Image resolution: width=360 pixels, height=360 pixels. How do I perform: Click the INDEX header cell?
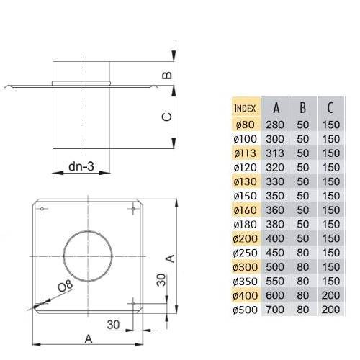point(245,109)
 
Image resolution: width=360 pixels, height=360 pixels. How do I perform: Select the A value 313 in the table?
point(275,153)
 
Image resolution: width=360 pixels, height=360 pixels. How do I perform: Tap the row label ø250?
point(246,253)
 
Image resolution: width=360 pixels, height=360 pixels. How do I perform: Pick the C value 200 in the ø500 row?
point(330,310)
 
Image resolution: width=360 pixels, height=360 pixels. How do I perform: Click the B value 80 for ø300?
point(302,267)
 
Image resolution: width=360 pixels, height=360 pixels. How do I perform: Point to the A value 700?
point(275,310)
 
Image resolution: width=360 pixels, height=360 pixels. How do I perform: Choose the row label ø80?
point(245,125)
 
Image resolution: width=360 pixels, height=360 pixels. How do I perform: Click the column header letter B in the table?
point(303,108)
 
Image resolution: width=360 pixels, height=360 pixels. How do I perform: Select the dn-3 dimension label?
point(81,166)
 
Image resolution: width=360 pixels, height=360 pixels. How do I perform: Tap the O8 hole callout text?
point(66,286)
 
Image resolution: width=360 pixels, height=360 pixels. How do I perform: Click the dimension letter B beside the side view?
point(167,76)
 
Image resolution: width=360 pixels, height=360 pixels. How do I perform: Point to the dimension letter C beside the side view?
point(167,117)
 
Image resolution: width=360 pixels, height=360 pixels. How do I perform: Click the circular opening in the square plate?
point(88,256)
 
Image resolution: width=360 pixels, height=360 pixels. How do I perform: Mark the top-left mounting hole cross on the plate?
point(42,209)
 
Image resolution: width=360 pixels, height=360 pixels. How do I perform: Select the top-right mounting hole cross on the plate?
point(133,209)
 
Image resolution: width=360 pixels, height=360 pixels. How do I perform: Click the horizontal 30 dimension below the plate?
point(113,325)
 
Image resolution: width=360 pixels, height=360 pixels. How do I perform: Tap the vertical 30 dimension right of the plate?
point(161,280)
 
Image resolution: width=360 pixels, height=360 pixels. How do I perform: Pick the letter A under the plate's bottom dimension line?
point(89,339)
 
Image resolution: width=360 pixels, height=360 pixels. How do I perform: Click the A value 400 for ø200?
point(275,238)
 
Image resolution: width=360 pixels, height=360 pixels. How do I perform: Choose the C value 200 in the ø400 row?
point(330,295)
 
